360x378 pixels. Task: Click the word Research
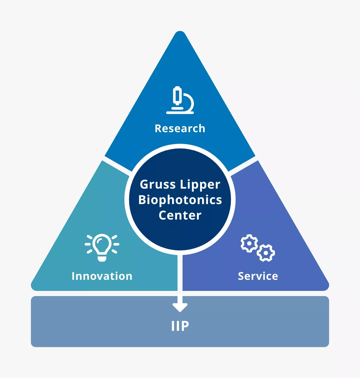coord(180,128)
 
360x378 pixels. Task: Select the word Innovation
coord(102,276)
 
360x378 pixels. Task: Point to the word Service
coord(258,276)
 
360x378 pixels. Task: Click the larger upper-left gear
coord(249,243)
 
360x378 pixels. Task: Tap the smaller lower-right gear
coord(266,253)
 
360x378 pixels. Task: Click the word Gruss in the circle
coord(158,184)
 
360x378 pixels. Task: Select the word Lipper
coord(200,184)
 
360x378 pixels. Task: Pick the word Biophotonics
coord(180,200)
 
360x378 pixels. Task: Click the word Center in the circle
coord(180,215)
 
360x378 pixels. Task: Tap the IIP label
coord(180,326)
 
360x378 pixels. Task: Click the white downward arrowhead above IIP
coord(180,307)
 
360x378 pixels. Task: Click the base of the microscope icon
coord(180,112)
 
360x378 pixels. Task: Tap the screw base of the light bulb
coord(102,258)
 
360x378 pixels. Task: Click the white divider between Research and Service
coord(243,165)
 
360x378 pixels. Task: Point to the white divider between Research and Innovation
coord(117,165)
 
